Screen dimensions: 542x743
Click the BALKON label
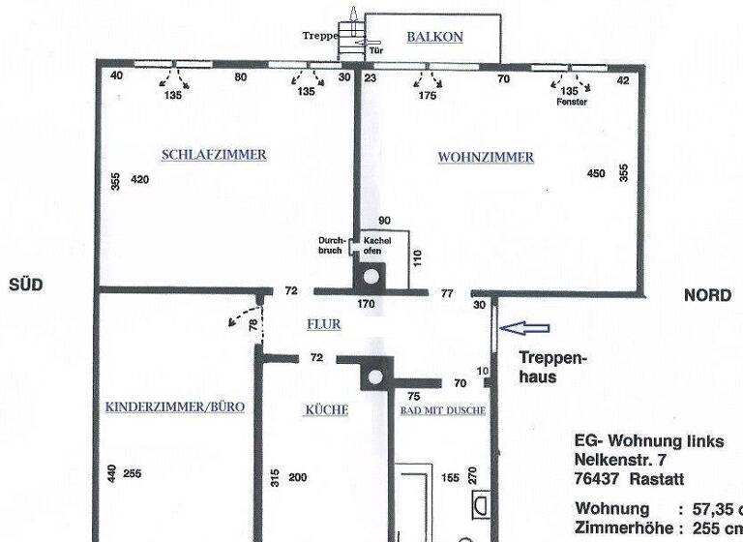[434, 38]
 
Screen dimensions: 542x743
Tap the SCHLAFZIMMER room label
[214, 155]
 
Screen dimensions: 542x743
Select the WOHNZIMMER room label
[486, 157]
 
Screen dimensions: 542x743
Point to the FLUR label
[323, 325]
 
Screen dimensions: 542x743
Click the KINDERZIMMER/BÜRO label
[174, 407]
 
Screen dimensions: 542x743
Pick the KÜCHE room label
[326, 410]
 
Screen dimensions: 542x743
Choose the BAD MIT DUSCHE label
[443, 410]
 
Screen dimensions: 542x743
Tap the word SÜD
[25, 285]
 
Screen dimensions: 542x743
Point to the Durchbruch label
[331, 246]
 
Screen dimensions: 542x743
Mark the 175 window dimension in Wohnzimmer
[427, 96]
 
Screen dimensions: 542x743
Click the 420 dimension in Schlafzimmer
[140, 179]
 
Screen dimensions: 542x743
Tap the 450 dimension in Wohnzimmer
[596, 174]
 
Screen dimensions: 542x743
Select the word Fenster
[572, 102]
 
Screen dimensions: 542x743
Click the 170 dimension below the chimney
[366, 304]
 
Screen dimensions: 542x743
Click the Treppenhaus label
[551, 367]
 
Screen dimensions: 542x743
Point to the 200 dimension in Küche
[297, 477]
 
